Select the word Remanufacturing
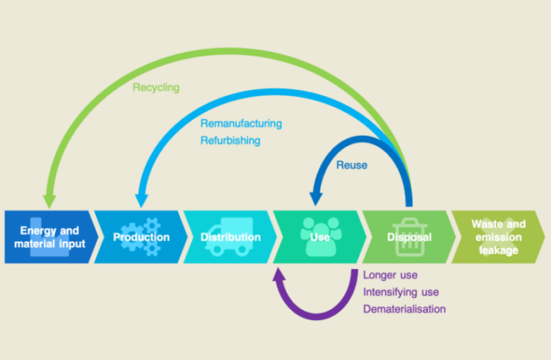[x=240, y=124]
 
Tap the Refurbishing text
[x=229, y=140]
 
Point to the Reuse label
[x=352, y=165]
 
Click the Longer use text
[x=390, y=275]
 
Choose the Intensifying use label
[x=400, y=292]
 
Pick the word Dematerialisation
[x=404, y=309]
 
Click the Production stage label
[x=141, y=237]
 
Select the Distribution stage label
[x=230, y=237]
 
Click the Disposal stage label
[x=409, y=237]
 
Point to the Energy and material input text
[x=50, y=237]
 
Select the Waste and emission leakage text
[x=498, y=237]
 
